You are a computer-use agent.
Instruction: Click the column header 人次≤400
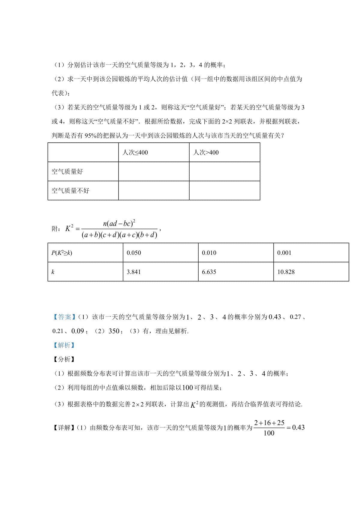135,153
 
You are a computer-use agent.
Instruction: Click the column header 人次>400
206,153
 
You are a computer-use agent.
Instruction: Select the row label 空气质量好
67,172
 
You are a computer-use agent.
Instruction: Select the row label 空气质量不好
70,191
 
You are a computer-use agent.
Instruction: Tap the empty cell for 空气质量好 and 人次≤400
154,172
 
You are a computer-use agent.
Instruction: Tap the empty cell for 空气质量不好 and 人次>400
224,191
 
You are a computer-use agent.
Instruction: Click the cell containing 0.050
134,253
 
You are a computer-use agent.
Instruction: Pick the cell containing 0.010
209,253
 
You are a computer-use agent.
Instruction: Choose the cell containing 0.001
284,253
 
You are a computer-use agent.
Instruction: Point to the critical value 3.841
134,272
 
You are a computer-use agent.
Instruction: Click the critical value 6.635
209,272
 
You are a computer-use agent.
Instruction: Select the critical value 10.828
286,272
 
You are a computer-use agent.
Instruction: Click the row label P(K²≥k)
62,253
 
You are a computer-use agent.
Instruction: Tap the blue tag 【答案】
64,317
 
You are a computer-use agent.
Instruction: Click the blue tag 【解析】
64,345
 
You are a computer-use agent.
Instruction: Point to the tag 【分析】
64,359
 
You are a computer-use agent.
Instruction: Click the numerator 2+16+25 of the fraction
269,423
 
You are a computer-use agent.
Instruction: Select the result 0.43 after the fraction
298,428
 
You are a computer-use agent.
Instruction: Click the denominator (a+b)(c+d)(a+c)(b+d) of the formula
119,235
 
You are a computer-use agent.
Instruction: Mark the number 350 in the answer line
114,331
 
